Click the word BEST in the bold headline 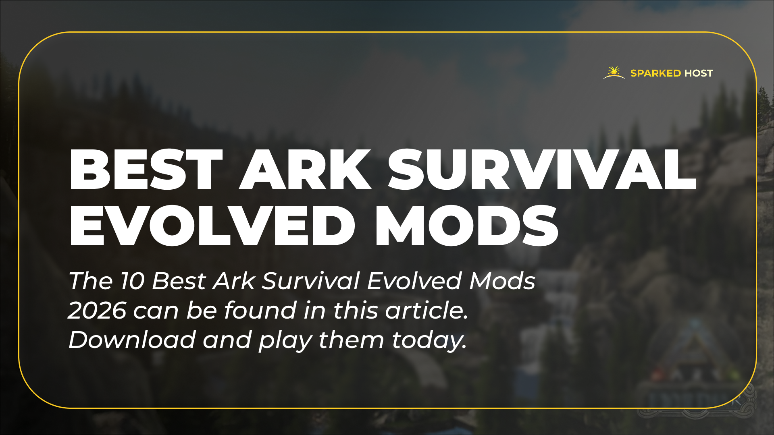pos(146,169)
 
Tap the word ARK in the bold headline pos(305,169)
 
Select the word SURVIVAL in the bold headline pos(542,169)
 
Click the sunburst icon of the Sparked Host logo pos(614,72)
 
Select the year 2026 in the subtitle pos(97,311)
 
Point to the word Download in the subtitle pos(132,340)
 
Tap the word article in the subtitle pos(427,311)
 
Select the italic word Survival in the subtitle pos(310,281)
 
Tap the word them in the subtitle pos(352,340)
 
